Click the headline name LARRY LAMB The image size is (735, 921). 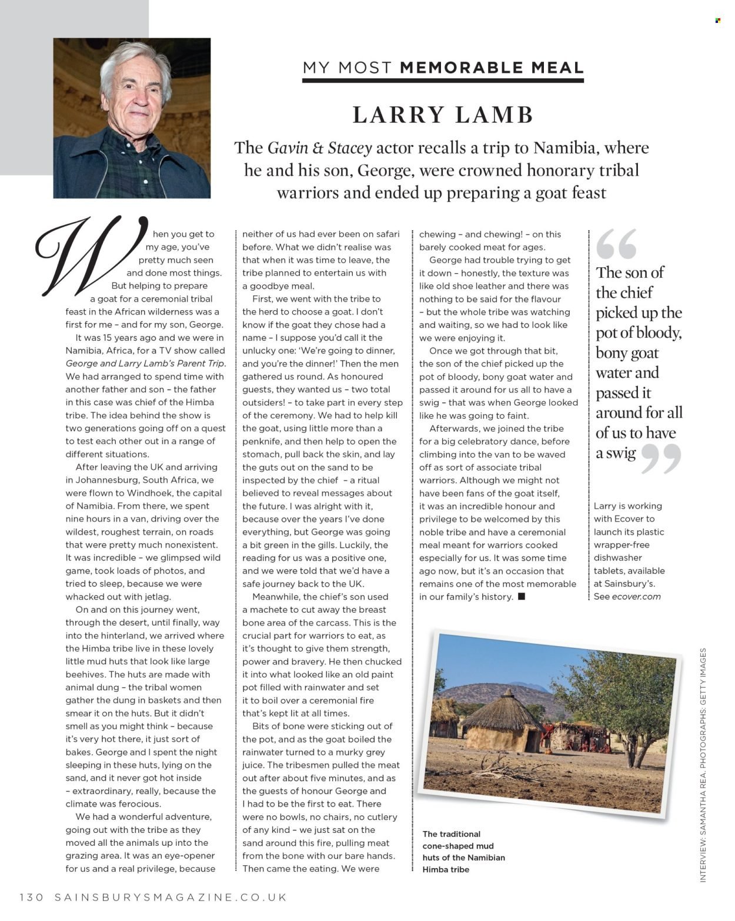click(442, 115)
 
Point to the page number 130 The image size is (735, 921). click(32, 897)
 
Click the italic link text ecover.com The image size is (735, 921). click(636, 597)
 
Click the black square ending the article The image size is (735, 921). click(522, 597)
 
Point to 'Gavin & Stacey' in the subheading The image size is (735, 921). click(319, 148)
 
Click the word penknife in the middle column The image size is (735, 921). click(260, 442)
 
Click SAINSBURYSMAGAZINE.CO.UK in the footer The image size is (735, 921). click(171, 897)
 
